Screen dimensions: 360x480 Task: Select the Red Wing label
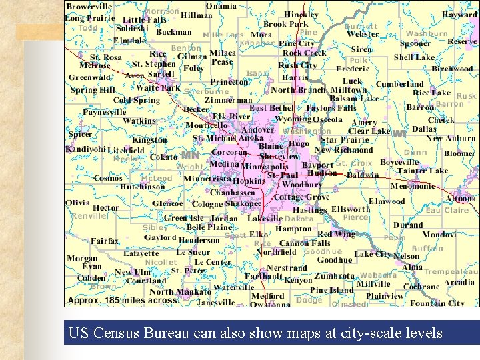(336, 234)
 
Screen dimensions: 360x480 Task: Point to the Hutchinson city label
(142, 187)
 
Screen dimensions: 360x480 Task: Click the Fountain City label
(437, 303)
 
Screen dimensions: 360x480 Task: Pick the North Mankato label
(180, 291)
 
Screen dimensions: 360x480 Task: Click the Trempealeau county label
(451, 271)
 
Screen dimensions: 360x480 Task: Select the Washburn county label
(427, 33)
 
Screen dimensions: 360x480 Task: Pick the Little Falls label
(144, 20)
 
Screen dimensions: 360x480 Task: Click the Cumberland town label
(399, 85)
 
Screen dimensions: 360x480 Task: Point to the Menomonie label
(413, 186)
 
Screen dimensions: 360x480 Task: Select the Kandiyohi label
(85, 149)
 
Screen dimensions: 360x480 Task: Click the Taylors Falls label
(331, 108)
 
